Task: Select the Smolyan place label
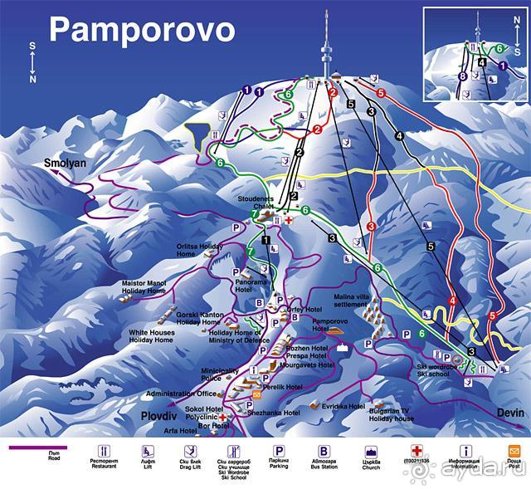pos(66,164)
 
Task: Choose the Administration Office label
pos(181,394)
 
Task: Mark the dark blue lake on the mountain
pos(199,134)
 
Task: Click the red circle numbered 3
pos(371,226)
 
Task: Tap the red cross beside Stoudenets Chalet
pos(288,222)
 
